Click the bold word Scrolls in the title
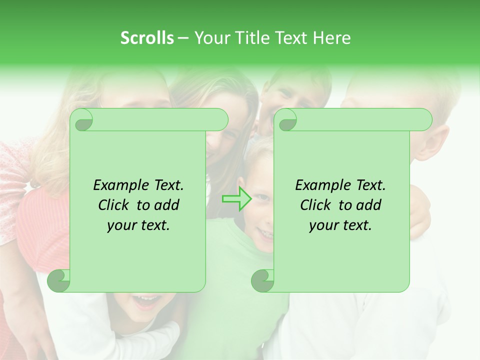pyautogui.click(x=147, y=37)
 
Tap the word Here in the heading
pyautogui.click(x=331, y=37)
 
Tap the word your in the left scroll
pyautogui.click(x=121, y=225)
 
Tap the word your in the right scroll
pyautogui.click(x=323, y=225)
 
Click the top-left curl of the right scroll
pyautogui.click(x=286, y=120)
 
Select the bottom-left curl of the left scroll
pyautogui.click(x=59, y=280)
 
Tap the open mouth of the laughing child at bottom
pyautogui.click(x=147, y=301)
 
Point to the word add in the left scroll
pyautogui.click(x=167, y=205)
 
